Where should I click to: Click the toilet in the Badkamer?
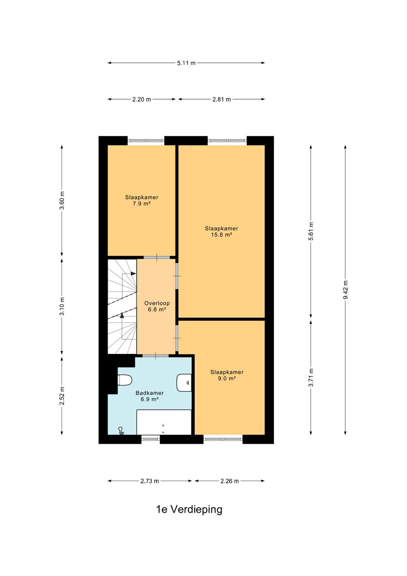[125, 380]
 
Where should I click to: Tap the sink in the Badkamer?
[184, 383]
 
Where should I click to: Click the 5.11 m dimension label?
[186, 63]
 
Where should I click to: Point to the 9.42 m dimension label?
[346, 290]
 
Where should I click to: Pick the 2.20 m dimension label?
[142, 99]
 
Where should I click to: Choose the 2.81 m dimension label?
[221, 99]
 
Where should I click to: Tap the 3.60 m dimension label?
[62, 200]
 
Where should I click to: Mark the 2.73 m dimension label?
[150, 481]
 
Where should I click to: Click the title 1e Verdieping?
[190, 510]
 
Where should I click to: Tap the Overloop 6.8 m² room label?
[157, 306]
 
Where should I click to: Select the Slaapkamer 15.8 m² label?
[221, 232]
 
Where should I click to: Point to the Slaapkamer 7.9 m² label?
[142, 200]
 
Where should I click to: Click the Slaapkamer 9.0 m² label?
[227, 375]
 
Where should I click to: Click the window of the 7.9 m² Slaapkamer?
[146, 141]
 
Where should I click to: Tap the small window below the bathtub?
[151, 439]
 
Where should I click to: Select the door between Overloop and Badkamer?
[156, 356]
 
